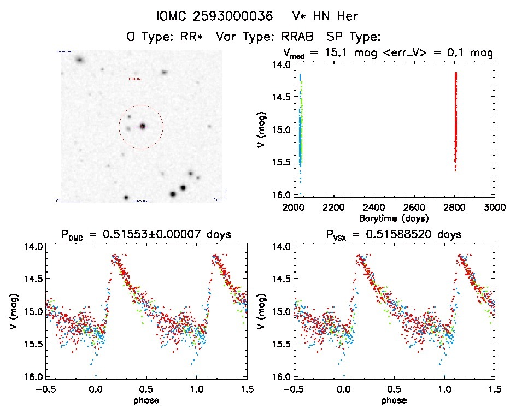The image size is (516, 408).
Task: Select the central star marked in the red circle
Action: point(143,126)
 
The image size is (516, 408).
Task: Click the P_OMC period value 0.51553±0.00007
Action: point(168,235)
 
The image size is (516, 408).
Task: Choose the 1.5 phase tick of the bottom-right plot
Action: point(495,389)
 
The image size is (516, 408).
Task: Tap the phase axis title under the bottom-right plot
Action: point(394,400)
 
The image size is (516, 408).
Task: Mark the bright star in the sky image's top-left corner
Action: point(80,60)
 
